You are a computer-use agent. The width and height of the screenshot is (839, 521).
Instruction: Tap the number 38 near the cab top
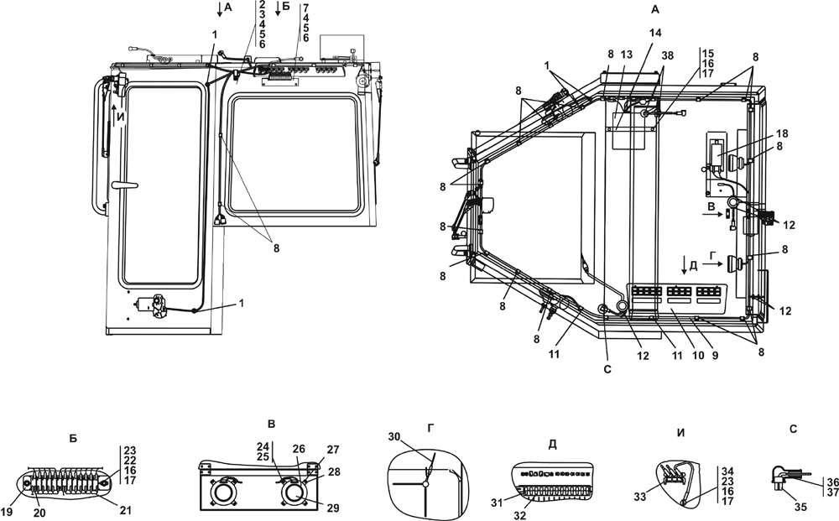click(x=667, y=55)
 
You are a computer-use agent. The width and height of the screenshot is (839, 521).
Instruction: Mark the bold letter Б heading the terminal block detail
click(x=74, y=438)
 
